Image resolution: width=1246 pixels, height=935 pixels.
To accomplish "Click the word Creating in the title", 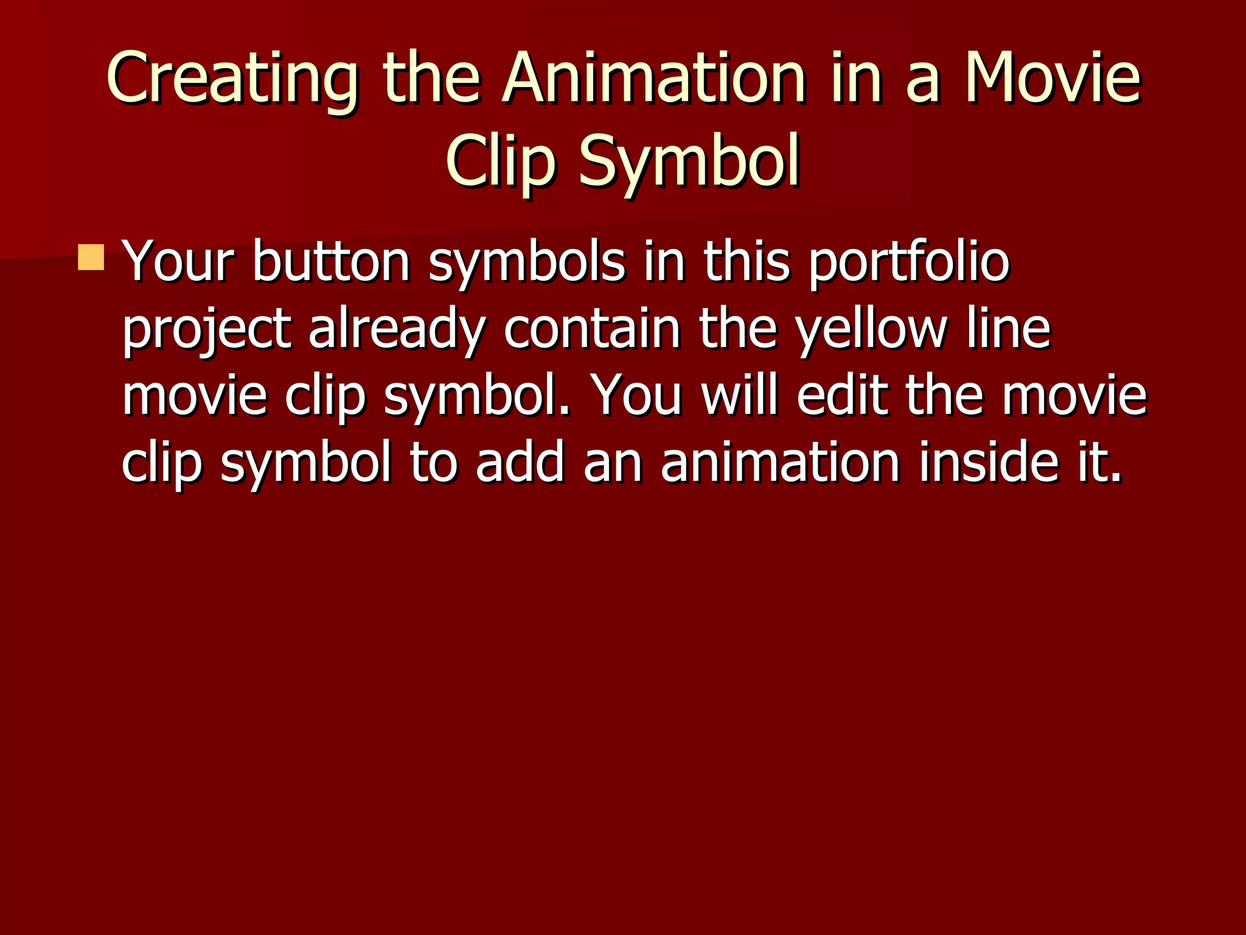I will tap(232, 80).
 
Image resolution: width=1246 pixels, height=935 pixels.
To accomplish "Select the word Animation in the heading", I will tap(654, 79).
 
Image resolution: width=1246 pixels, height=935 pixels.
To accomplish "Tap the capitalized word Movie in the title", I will tap(1053, 79).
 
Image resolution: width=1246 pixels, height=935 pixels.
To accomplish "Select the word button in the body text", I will tap(331, 262).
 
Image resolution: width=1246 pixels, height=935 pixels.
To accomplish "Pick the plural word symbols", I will tap(527, 262).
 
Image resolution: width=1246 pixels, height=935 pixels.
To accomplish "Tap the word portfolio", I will tap(909, 262).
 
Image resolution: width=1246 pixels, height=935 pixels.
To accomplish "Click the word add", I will tap(520, 463).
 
